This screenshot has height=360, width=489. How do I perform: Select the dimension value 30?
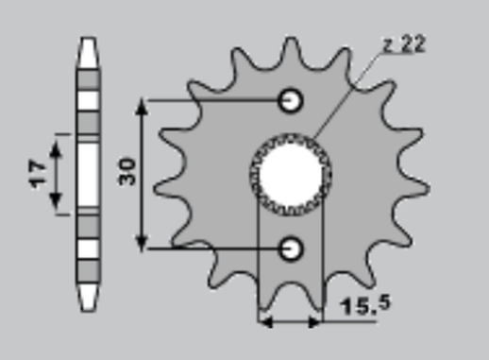(127, 172)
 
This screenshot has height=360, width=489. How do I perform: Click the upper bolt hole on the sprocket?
(292, 99)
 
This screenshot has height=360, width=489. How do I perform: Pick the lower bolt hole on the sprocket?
(292, 248)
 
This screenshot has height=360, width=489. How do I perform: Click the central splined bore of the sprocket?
(291, 174)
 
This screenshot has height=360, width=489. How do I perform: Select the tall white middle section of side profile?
(88, 173)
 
